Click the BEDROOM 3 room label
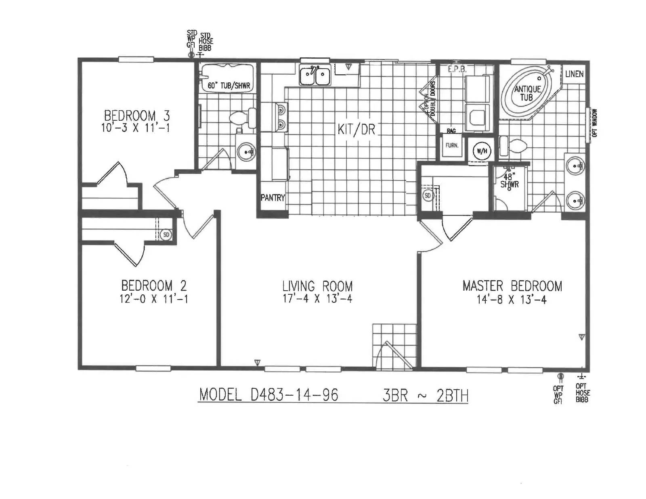[x=137, y=116]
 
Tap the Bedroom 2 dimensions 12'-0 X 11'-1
[x=153, y=299]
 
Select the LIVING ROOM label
[x=317, y=286]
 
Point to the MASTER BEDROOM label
[x=512, y=286]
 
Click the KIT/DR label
[x=356, y=130]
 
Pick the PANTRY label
[x=273, y=198]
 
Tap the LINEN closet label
[x=574, y=74]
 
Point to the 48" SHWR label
[x=509, y=180]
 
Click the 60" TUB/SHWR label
[x=229, y=86]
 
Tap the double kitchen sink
[x=315, y=75]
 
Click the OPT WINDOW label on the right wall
[x=594, y=123]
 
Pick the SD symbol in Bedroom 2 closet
[x=166, y=235]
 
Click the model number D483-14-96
[x=268, y=394]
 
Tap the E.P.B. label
[x=457, y=69]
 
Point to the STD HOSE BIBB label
[x=206, y=41]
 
